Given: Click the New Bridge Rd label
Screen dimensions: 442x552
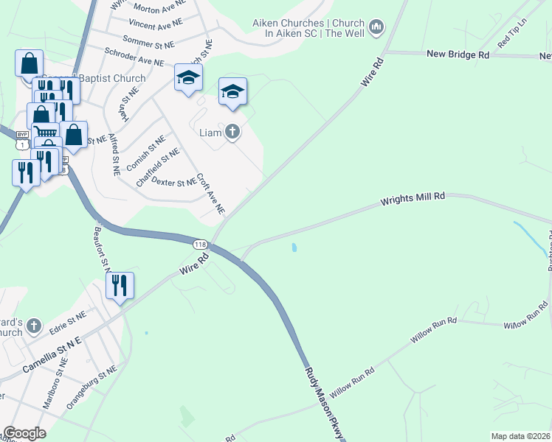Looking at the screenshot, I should coord(458,55).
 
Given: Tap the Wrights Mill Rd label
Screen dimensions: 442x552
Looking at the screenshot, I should coord(413,199).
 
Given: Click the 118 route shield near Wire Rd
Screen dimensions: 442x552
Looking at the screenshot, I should coord(200,244).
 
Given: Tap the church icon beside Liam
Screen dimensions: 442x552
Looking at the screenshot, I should coord(232,133).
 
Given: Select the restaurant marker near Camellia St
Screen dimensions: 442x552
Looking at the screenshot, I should coord(120,284).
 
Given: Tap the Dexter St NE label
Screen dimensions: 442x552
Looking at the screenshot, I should coord(173,181).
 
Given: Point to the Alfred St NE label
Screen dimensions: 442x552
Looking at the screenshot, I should coord(114,154).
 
